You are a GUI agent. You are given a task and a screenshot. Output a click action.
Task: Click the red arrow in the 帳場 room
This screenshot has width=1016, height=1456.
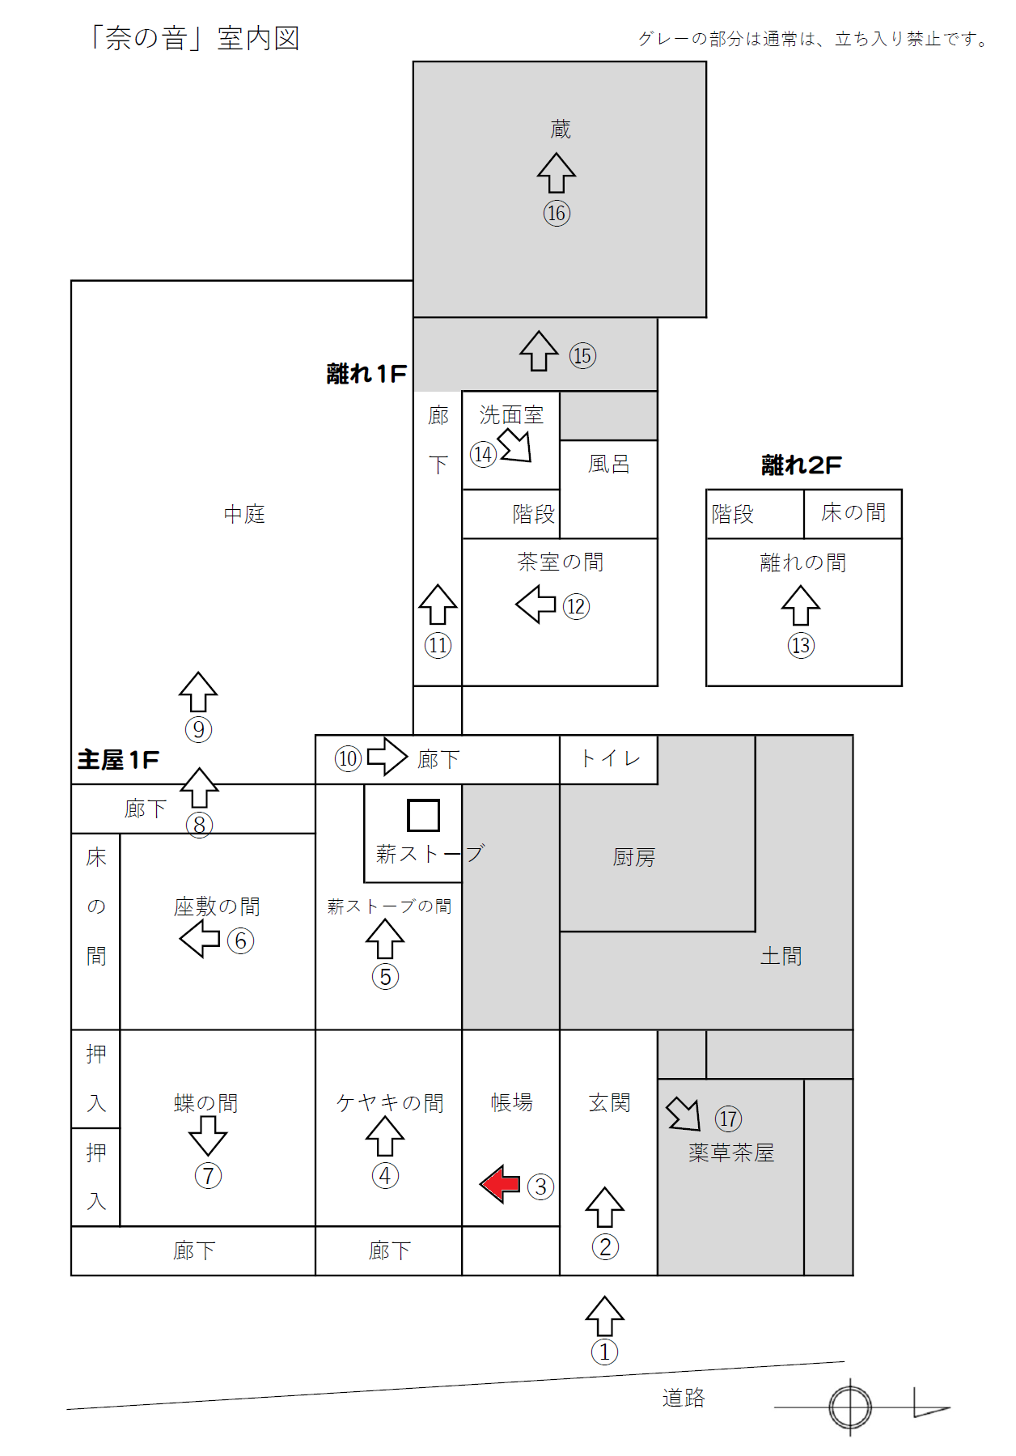pos(500,1185)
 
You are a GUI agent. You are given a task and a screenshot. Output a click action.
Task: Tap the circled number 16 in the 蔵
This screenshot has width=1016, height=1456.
pos(557,213)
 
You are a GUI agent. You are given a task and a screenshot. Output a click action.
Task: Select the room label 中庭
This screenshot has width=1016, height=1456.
pos(244,514)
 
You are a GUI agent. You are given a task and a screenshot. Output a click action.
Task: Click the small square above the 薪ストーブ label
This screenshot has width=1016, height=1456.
pos(423,815)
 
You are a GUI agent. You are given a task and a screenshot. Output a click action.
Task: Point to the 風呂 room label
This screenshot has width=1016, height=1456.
pos(609,464)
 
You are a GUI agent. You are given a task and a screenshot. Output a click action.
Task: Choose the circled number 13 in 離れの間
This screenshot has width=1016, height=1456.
pos(801,645)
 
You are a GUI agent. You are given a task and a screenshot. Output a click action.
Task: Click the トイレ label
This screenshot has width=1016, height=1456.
pos(611,758)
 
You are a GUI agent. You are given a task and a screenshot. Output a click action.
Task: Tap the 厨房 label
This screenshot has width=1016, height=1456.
pos(634,857)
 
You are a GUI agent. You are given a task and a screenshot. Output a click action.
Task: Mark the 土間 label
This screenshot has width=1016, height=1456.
pos(781,956)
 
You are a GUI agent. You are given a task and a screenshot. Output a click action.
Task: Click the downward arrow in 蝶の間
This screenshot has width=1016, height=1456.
pos(208,1136)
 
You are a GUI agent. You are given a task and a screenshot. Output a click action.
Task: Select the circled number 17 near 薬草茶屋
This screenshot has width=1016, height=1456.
pos(728,1119)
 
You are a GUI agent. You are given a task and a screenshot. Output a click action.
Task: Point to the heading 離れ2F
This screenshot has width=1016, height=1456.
pos(802,465)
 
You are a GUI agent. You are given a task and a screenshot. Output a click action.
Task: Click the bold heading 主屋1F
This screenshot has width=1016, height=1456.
pos(118,759)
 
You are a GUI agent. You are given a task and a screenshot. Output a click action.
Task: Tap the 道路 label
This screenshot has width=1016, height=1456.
pos(684,1398)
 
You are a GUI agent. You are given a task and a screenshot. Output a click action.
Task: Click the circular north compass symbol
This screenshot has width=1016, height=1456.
pos(850,1407)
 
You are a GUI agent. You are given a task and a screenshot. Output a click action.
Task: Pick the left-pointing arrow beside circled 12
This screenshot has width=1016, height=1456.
pos(536,604)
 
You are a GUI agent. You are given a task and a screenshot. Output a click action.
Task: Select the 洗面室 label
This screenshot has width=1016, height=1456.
pos(511,415)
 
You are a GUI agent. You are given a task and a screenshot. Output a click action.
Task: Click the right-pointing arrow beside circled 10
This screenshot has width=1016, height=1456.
pos(387,757)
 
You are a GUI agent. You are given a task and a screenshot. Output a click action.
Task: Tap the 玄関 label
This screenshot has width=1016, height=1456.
pos(609,1102)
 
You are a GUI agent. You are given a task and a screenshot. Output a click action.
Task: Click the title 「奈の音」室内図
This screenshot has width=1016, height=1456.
pos(194,38)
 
